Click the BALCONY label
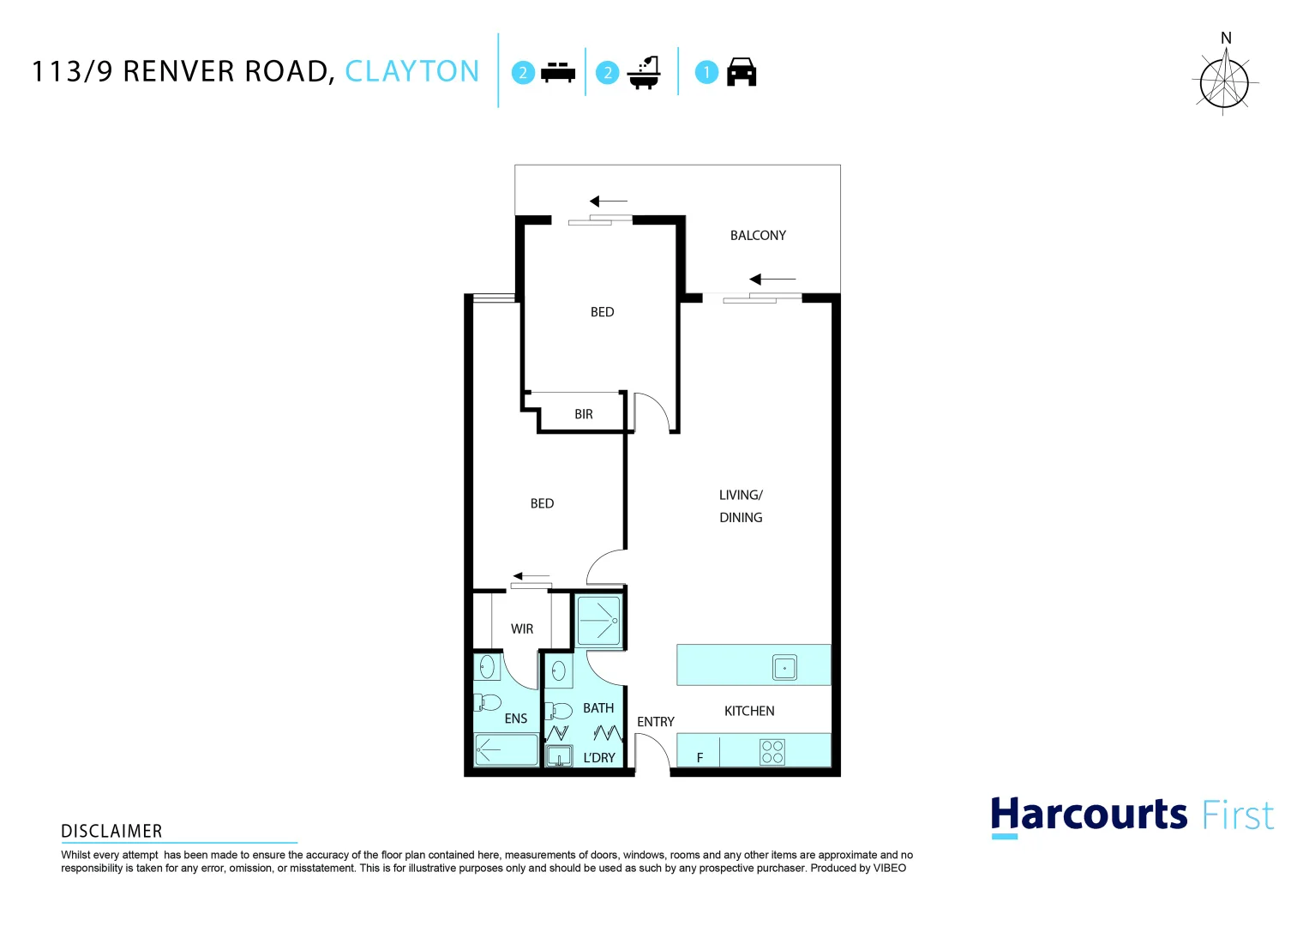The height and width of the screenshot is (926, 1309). coord(758,236)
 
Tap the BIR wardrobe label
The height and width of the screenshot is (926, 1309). coord(584,415)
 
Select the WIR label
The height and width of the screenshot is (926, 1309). coord(522,629)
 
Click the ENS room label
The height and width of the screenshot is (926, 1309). coord(516,719)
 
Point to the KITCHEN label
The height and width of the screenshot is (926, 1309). coord(749,712)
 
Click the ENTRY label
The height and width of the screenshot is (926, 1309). coord(656,723)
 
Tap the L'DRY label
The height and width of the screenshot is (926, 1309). coord(599,759)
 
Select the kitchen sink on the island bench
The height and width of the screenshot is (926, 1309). coord(784,667)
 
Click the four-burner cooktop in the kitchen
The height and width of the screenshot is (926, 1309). coord(772,752)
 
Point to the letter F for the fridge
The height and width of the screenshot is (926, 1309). coord(700,759)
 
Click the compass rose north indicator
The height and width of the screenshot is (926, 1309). coord(1225,77)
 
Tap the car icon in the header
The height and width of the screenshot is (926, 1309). coord(742,73)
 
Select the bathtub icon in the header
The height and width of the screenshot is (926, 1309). coord(644,73)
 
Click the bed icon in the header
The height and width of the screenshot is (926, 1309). coord(558,73)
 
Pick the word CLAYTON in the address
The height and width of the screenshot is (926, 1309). coord(412,71)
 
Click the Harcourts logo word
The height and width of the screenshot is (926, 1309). coord(1089,815)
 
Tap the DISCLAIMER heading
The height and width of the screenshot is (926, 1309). coord(111,832)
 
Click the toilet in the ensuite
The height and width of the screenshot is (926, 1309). coord(488,703)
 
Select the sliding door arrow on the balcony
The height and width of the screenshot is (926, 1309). coord(772,280)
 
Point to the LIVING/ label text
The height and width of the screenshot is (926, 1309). coord(741,496)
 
